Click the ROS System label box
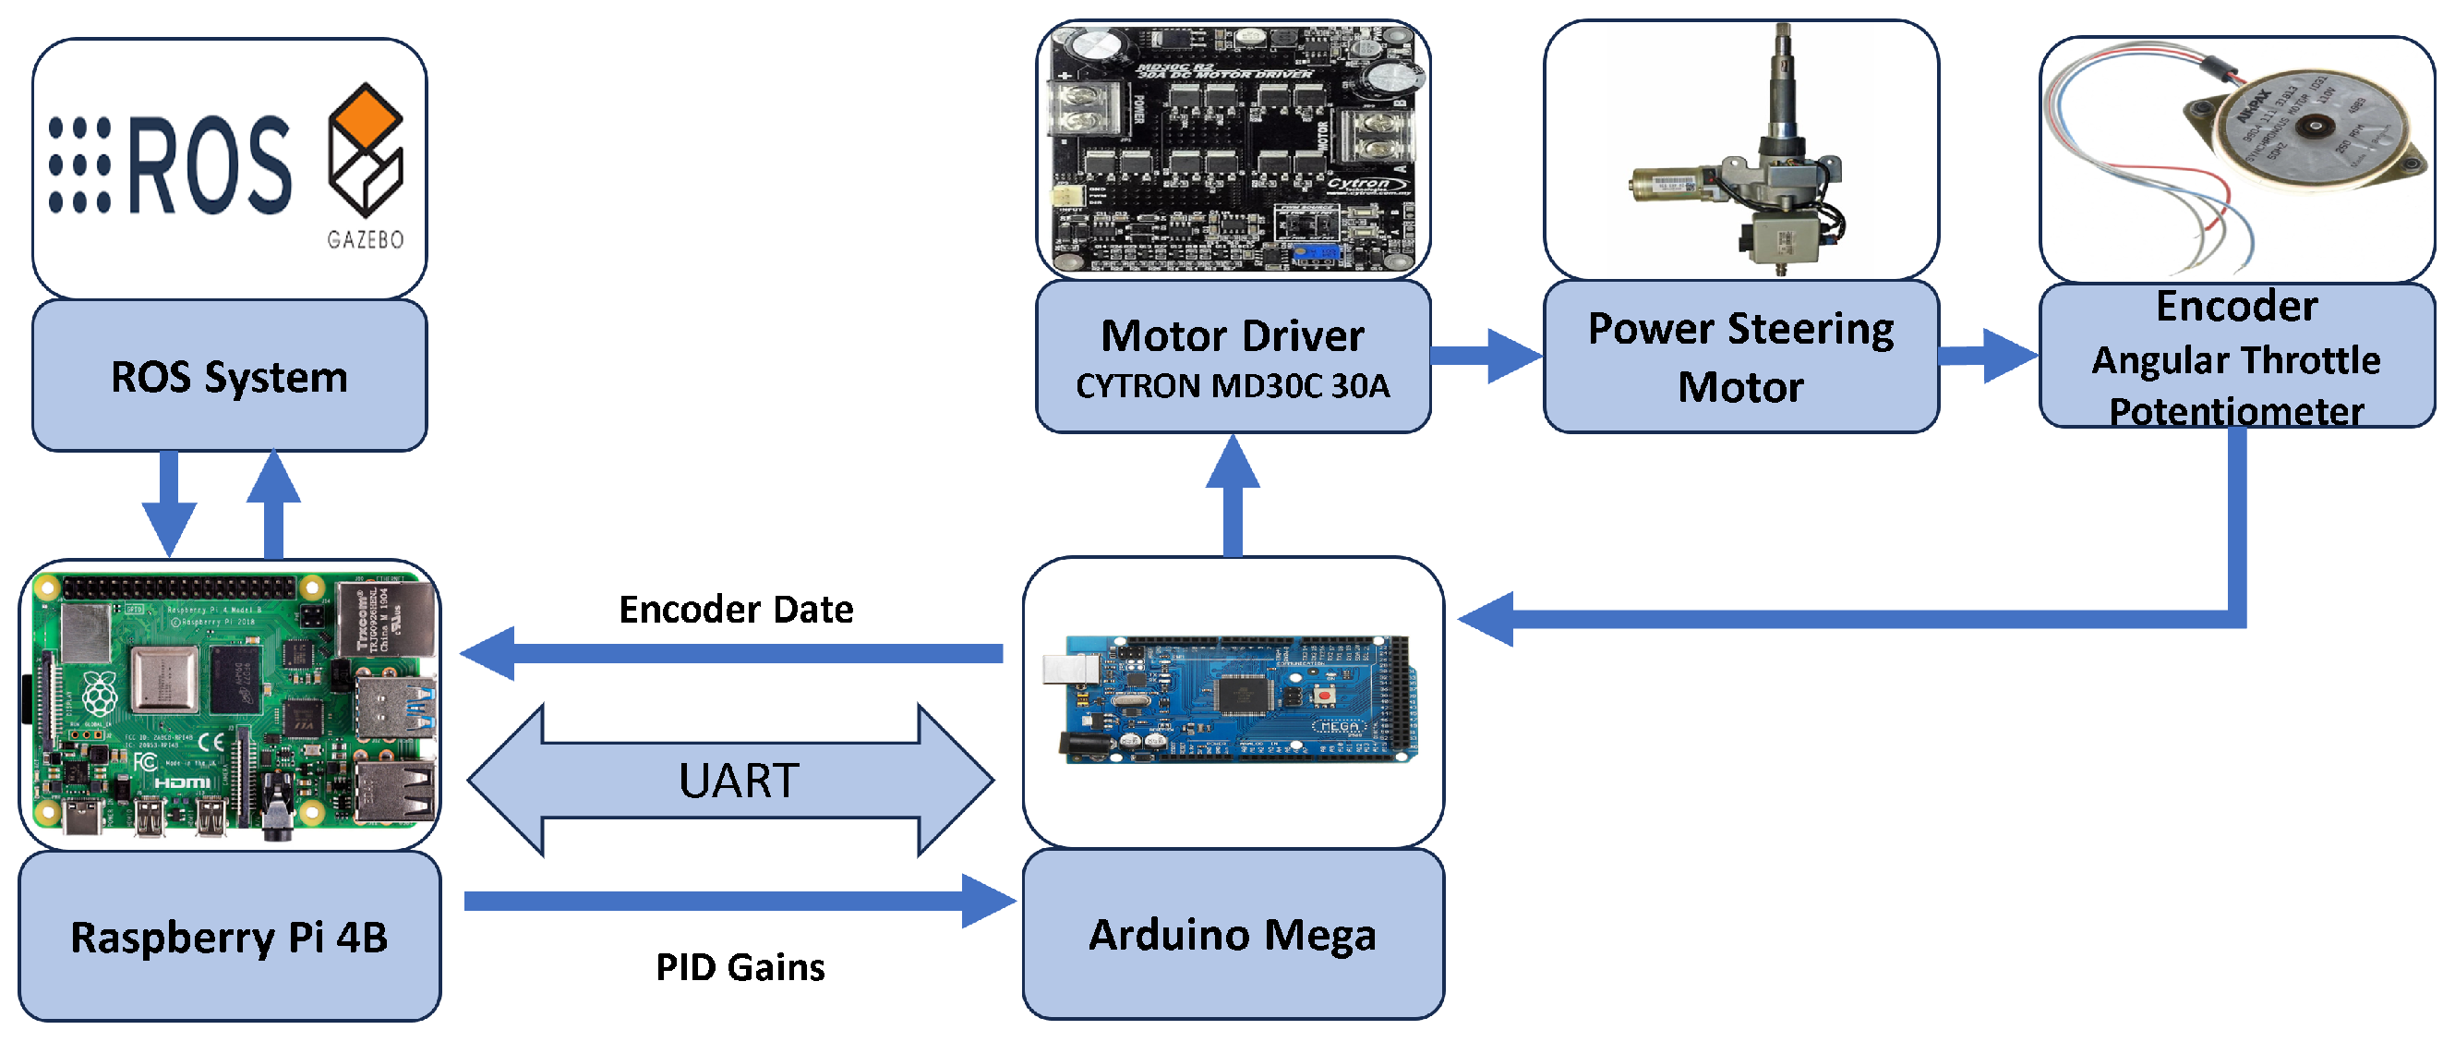(229, 376)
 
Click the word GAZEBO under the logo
(365, 239)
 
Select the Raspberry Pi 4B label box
(229, 936)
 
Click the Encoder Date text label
(736, 609)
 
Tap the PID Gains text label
(740, 966)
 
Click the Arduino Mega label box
(1233, 934)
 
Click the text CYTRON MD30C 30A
(1233, 386)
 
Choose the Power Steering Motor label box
(1740, 357)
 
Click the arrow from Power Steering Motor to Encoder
(1988, 357)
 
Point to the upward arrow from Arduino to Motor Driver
(1233, 496)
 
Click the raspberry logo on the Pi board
(100, 694)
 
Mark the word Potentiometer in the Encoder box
(2236, 412)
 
